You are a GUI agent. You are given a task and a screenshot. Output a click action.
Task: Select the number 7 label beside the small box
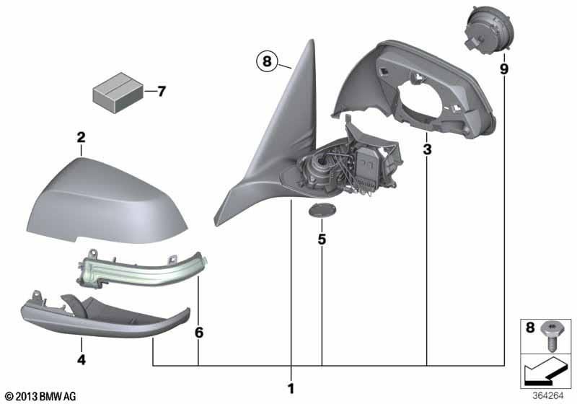point(161,92)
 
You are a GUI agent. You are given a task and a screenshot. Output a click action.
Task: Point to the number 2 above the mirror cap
point(82,136)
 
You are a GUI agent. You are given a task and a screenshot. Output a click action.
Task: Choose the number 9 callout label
point(503,69)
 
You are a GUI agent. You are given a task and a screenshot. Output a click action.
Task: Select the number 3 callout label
point(427,150)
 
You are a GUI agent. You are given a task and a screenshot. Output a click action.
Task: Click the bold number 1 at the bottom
point(291,389)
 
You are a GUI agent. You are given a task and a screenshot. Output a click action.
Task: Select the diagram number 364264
point(550,395)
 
